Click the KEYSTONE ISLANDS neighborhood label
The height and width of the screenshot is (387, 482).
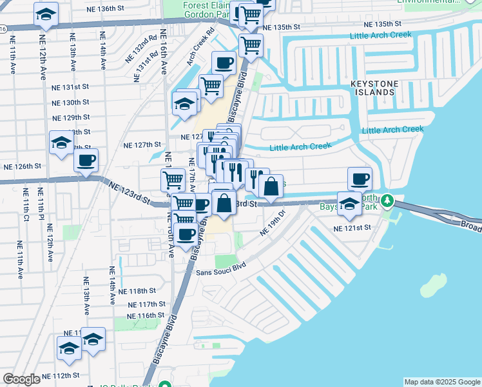pos(374,88)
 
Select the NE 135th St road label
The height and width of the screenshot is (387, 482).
pos(283,27)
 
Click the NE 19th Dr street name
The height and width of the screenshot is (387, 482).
pos(273,223)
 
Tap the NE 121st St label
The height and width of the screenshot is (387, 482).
pos(352,228)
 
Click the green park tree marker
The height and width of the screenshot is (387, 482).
pos(387,201)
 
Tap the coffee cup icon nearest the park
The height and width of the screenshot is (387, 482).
pos(360,178)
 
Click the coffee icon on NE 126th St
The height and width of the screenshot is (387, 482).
pos(86,161)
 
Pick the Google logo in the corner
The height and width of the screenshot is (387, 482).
pos(21,379)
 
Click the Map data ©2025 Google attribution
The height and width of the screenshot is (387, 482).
pos(442,382)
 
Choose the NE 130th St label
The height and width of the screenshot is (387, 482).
pos(70,102)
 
